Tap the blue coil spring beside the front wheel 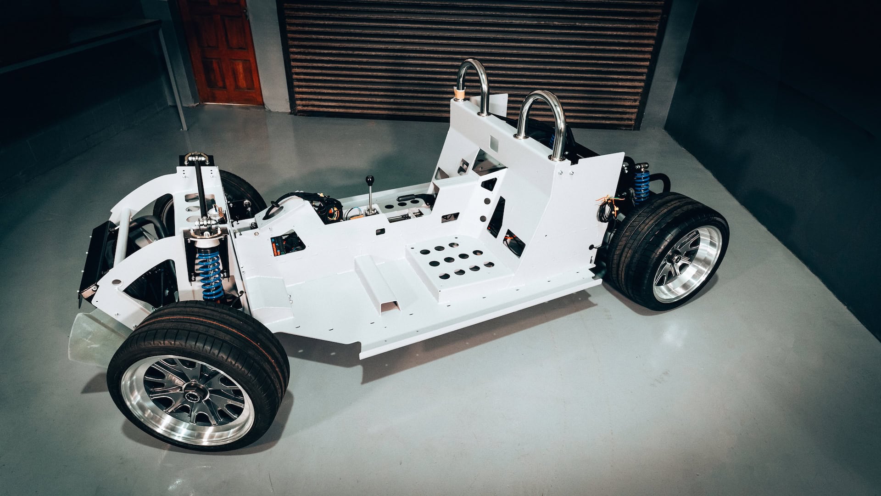pos(210,273)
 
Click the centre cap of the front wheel pos(198,396)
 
